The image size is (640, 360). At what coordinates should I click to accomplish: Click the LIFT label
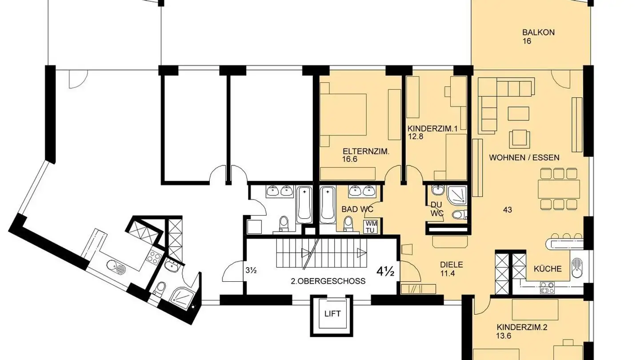[332, 314]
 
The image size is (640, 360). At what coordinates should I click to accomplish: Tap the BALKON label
[539, 32]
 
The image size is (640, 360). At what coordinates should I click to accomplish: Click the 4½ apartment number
[385, 272]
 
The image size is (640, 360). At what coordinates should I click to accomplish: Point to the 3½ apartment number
[251, 270]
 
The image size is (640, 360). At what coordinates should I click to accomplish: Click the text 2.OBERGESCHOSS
[328, 281]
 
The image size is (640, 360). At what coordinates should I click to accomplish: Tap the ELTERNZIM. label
[366, 152]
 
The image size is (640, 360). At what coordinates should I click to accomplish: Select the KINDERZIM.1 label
[432, 129]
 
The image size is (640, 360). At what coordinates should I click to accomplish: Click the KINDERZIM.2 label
[522, 328]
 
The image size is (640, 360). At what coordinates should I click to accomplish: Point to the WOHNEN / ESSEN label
[524, 157]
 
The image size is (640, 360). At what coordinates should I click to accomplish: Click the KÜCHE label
[548, 269]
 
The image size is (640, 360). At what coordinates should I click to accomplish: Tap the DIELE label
[452, 265]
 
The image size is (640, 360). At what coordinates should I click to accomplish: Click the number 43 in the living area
[508, 210]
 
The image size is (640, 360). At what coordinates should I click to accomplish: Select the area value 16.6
[350, 159]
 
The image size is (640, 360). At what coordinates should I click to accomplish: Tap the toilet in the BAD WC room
[348, 224]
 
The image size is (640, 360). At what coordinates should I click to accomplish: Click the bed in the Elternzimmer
[343, 115]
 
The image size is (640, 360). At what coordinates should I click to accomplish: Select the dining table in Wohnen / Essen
[559, 189]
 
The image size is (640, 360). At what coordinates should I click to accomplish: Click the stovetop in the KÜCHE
[547, 288]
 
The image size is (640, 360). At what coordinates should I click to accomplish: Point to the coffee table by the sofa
[518, 113]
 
